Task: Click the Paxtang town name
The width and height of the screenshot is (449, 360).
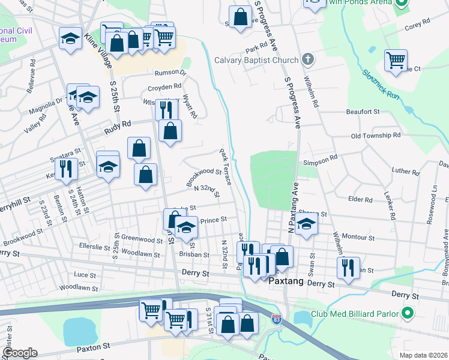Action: [x=286, y=281]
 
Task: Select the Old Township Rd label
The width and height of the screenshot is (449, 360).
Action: [x=376, y=136]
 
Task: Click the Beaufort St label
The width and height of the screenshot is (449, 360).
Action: [x=363, y=112]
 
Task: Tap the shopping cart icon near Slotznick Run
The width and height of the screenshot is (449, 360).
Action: [x=396, y=60]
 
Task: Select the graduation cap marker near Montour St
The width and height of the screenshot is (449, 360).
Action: [x=307, y=225]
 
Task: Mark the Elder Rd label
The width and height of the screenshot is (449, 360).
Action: [x=360, y=199]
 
